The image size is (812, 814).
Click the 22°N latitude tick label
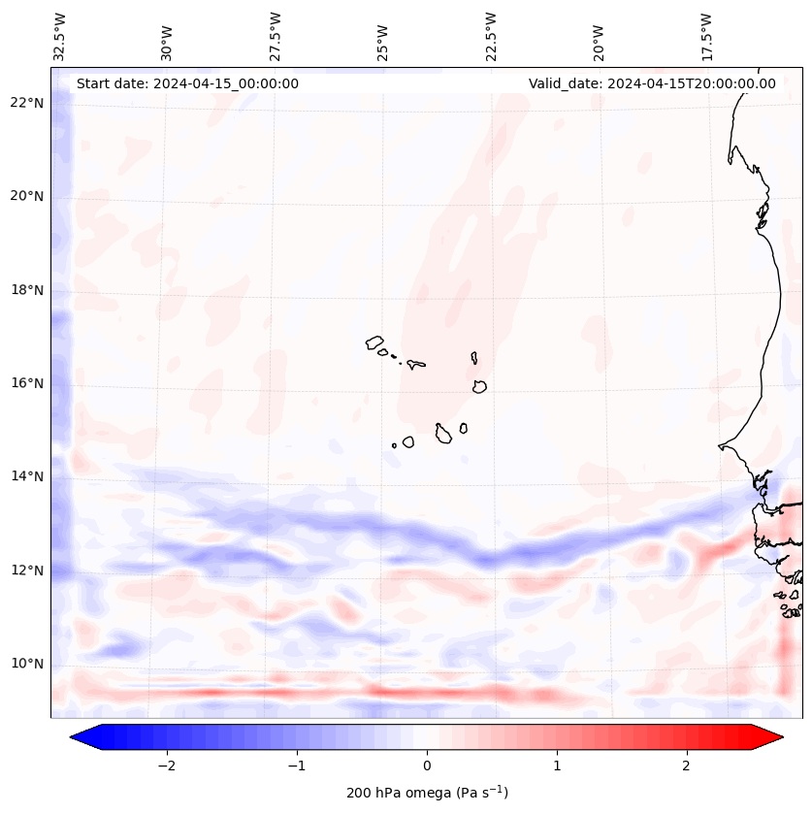pos(26,103)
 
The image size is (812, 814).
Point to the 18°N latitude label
pos(26,290)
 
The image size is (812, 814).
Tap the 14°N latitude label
pos(26,476)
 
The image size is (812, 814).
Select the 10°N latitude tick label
pos(26,664)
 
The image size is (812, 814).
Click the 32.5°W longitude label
pos(60,36)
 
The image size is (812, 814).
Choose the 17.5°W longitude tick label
pos(706,36)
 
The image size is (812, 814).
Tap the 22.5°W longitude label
pos(491,36)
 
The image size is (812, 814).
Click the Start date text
pos(187,83)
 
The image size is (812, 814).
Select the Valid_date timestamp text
pos(652,83)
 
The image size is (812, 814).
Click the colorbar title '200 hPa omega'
pos(427,793)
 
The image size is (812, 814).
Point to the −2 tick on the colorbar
pos(166,765)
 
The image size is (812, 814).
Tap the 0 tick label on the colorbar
pos(427,765)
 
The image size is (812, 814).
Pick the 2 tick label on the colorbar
pos(687,765)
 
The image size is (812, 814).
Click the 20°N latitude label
pos(26,196)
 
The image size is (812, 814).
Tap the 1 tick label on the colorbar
pos(557,765)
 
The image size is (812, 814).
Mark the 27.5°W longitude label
pos(276,36)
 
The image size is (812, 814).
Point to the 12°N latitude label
pos(26,570)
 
